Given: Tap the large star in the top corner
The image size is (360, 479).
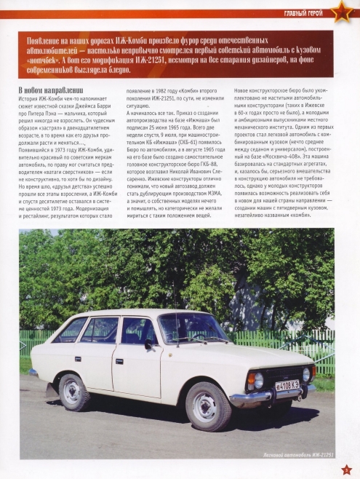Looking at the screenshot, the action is point(342,11).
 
